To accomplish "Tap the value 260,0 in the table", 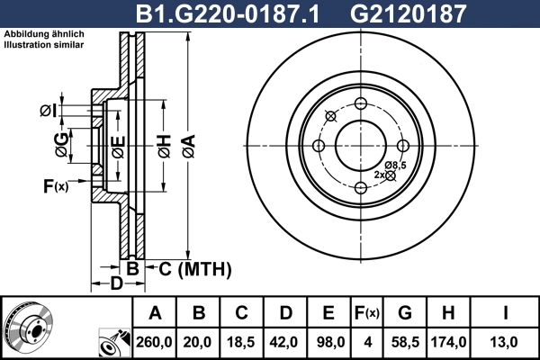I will (x=155, y=342).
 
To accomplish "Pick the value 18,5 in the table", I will (x=242, y=342).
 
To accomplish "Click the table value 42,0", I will (x=285, y=342).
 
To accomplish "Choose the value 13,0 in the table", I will (x=507, y=342).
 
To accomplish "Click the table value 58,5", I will (x=405, y=342).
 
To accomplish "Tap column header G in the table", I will (x=405, y=313).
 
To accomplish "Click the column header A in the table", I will (x=155, y=313).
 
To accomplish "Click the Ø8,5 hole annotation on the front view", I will (x=395, y=165).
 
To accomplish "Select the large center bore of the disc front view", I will (x=360, y=145).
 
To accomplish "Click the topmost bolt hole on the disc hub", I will (x=360, y=103).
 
